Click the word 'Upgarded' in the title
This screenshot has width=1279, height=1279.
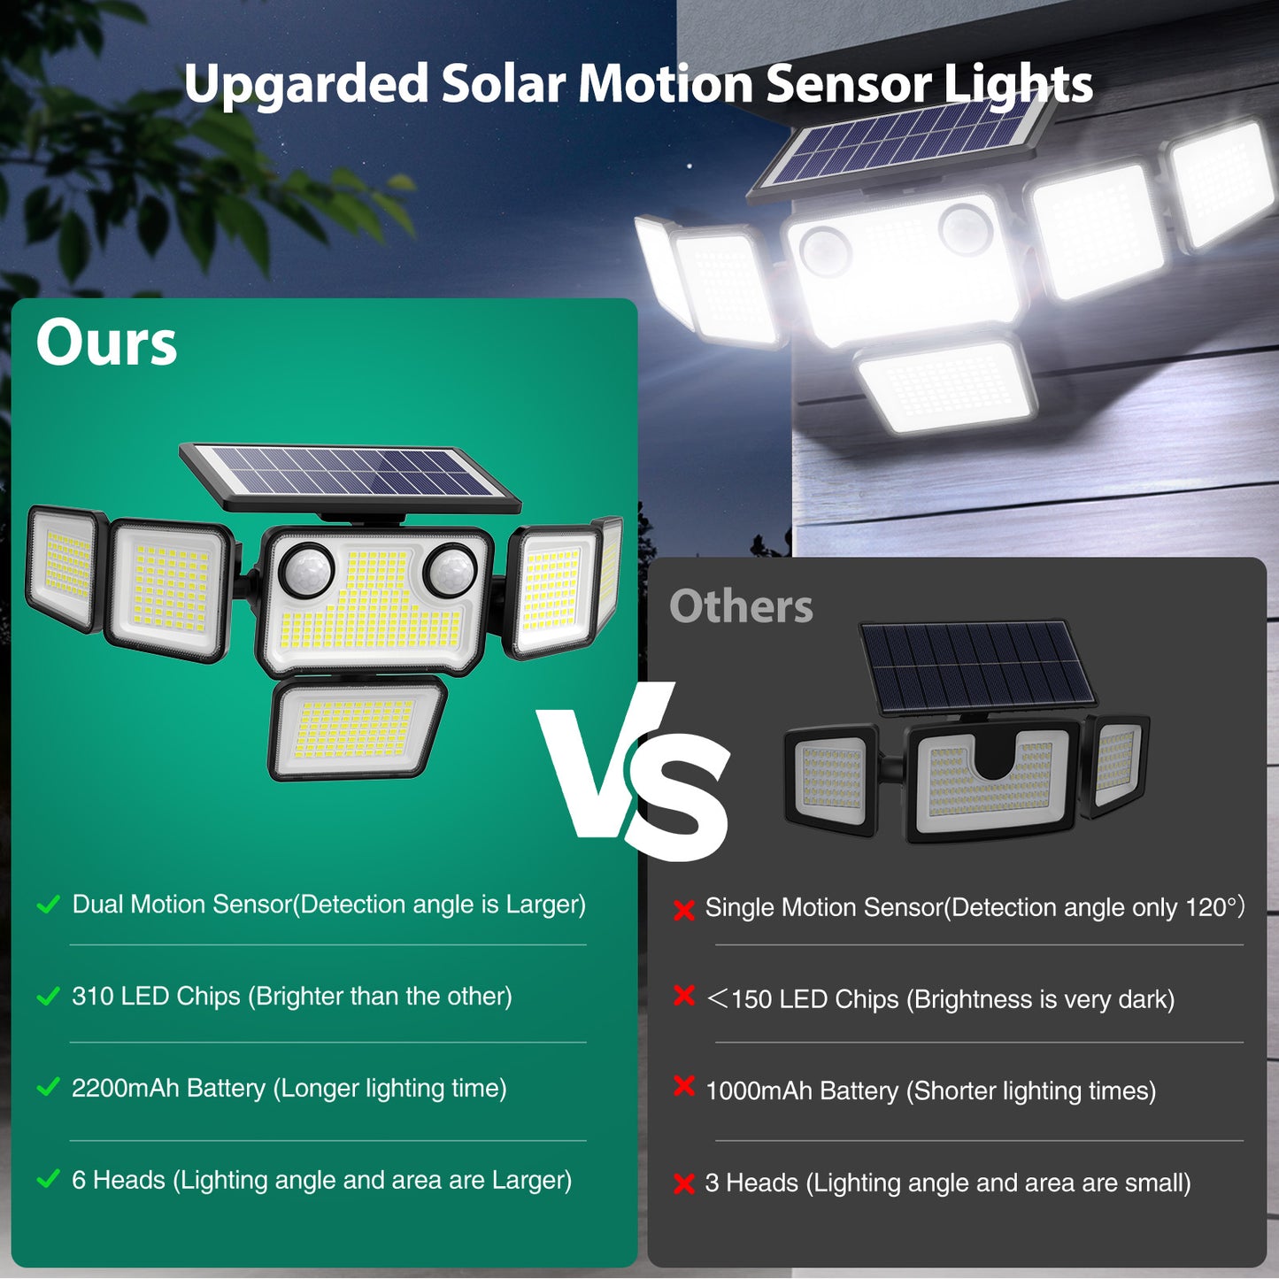(306, 85)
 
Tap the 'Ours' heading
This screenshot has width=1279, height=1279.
(106, 343)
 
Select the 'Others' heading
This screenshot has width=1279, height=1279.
(741, 607)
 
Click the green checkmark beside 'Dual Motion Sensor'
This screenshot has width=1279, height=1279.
(48, 905)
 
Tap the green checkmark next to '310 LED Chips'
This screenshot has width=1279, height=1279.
(48, 997)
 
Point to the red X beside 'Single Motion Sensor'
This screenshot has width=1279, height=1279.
(683, 910)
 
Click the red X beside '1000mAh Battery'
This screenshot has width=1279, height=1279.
(683, 1086)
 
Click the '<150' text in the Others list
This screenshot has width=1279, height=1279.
(739, 999)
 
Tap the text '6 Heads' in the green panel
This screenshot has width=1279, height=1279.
(119, 1181)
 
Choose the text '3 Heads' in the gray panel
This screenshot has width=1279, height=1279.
(751, 1183)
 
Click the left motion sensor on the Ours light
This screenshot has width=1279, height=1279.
(306, 571)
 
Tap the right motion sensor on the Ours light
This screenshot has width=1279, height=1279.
(451, 569)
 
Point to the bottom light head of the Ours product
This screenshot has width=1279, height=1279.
(357, 728)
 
